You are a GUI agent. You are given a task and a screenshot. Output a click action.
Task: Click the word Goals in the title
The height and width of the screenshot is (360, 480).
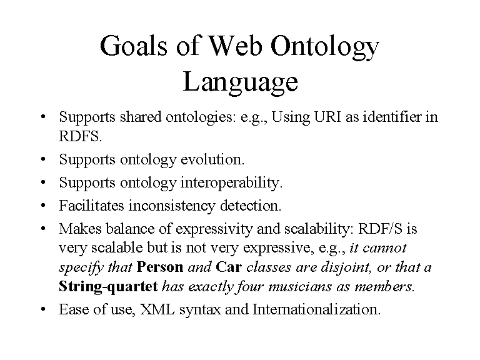point(134,46)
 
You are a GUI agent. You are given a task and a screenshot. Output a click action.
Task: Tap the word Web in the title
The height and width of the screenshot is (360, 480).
point(235,46)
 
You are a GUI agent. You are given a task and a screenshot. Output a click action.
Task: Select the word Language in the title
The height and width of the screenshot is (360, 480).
point(240,82)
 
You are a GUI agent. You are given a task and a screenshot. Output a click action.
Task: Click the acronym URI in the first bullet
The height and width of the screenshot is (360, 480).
point(327,117)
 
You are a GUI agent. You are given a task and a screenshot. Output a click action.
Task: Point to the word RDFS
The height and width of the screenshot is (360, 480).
point(80,136)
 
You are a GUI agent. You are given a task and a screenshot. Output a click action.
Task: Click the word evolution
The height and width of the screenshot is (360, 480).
point(212,159)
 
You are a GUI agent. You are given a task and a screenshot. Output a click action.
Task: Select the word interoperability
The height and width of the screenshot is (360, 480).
point(231,183)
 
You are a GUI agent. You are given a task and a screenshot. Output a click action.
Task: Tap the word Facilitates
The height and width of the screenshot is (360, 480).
point(91,206)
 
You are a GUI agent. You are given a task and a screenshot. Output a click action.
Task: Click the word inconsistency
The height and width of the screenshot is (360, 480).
point(172,206)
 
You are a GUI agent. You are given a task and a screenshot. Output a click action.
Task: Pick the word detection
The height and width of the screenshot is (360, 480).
point(251,206)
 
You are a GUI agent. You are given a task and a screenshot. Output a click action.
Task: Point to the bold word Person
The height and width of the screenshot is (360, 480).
point(160,267)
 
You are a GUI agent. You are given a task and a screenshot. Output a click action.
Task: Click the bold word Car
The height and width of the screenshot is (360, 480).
point(229,267)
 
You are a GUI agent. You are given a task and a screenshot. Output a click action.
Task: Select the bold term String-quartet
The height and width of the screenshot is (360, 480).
point(108,287)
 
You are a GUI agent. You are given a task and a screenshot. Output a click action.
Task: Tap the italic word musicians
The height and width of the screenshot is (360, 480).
point(300,287)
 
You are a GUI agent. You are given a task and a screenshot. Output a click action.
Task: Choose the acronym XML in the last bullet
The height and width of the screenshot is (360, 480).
point(157,309)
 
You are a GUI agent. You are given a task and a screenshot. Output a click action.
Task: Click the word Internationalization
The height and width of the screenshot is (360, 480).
point(316,309)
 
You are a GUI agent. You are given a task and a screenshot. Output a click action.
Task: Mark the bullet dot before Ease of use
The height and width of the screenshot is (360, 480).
point(43,309)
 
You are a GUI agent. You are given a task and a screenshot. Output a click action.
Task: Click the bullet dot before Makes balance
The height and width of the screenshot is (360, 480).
point(43,229)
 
